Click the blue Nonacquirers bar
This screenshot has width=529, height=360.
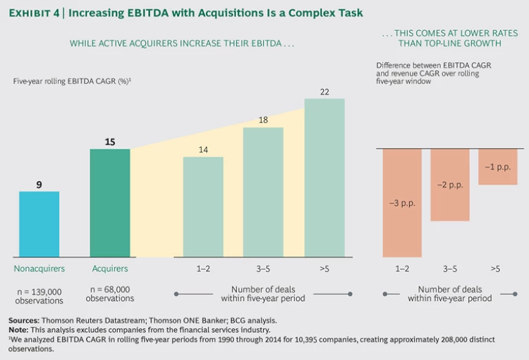pos(39,224)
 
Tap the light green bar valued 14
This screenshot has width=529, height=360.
pos(203,207)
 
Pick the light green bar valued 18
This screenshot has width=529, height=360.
pos(263,192)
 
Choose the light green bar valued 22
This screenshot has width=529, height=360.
pos(324,178)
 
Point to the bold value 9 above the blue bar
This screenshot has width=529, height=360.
pos(39,184)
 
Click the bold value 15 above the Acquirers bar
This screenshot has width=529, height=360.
pos(110,142)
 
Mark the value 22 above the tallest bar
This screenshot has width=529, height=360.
pos(324,92)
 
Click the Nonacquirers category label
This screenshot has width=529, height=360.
pos(39,268)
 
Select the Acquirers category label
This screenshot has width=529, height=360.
pos(110,268)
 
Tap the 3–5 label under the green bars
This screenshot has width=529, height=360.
pos(263,268)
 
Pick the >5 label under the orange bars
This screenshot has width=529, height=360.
pos(495,268)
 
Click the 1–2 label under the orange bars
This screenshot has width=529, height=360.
pos(402,268)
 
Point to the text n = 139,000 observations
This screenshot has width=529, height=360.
pos(39,295)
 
